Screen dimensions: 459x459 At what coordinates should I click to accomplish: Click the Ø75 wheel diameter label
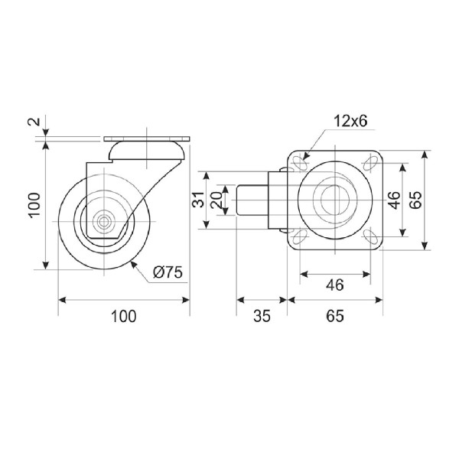168,272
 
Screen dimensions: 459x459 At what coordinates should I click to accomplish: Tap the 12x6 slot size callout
350,121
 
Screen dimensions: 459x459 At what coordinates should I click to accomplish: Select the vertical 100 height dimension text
34,204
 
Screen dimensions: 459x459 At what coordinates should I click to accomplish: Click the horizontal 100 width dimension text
123,316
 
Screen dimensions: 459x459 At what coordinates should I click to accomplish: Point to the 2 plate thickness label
34,121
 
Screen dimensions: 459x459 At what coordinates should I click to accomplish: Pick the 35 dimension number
262,316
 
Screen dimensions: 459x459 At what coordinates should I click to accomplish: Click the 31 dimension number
198,200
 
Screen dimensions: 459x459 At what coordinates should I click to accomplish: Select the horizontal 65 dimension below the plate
335,316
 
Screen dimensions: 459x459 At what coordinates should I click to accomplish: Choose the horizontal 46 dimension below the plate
335,285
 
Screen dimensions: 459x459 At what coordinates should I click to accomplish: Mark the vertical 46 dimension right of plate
395,200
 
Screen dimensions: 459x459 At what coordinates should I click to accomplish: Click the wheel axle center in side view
103,222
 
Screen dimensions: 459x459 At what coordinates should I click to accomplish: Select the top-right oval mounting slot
370,163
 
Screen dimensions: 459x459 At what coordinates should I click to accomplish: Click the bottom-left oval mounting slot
299,236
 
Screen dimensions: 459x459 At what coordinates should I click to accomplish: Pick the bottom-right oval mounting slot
370,236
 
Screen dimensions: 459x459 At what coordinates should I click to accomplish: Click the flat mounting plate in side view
147,138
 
